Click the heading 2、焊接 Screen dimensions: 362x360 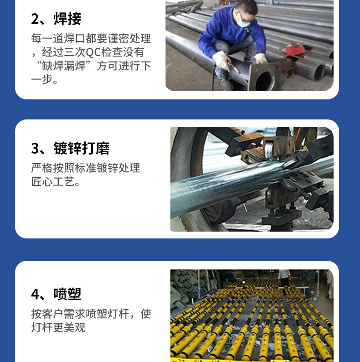click(x=56, y=19)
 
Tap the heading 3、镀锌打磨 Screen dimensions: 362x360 click(x=70, y=149)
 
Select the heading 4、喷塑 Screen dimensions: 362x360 click(x=56, y=294)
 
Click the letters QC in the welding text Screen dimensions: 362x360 click(x=94, y=52)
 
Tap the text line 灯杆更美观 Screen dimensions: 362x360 click(x=58, y=328)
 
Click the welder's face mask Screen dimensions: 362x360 click(x=245, y=20)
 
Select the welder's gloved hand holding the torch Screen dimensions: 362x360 click(x=222, y=61)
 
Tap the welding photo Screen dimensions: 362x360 click(x=249, y=45)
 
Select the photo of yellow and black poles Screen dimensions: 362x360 click(x=252, y=315)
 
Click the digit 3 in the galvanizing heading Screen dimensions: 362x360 click(x=35, y=149)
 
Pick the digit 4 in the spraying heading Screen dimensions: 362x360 click(x=35, y=294)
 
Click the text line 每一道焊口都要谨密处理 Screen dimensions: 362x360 click(x=91, y=38)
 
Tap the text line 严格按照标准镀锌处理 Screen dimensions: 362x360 click(x=85, y=168)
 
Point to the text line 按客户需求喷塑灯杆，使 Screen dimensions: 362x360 click(x=91, y=314)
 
